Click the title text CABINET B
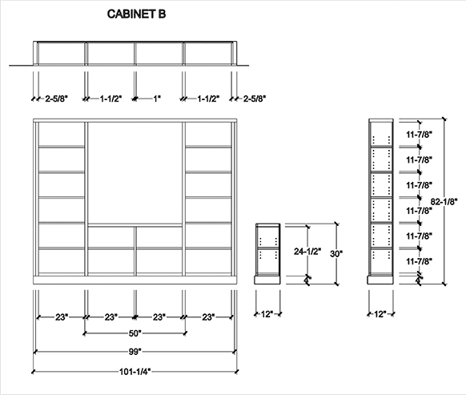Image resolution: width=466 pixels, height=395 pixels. tap(136, 14)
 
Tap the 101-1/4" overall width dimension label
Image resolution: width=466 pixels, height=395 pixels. tap(135, 372)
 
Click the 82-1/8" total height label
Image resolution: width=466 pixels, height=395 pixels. tap(444, 202)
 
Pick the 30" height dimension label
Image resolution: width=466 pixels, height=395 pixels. tap(336, 254)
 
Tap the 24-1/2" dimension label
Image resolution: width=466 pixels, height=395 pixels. tap(307, 252)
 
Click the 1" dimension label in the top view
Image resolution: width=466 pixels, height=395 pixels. tap(157, 99)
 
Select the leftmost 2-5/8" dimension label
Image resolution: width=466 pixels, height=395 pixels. tap(57, 99)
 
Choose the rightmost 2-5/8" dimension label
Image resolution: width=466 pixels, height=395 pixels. tap(255, 99)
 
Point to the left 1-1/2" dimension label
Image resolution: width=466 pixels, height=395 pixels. tap(110, 99)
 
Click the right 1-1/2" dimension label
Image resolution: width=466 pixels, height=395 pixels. tap(208, 99)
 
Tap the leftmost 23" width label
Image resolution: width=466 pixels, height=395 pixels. tap(62, 317)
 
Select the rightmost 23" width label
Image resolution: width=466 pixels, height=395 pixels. tap(208, 317)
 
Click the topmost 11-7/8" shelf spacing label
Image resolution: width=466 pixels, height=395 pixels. tap(419, 135)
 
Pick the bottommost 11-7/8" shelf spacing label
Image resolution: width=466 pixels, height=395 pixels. tap(419, 261)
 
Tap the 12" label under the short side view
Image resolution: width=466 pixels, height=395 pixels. tap(267, 314)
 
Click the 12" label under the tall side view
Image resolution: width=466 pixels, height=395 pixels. tap(380, 314)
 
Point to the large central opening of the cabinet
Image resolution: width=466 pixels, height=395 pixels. tap(135, 173)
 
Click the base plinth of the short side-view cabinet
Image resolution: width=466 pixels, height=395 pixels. tap(267, 280)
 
